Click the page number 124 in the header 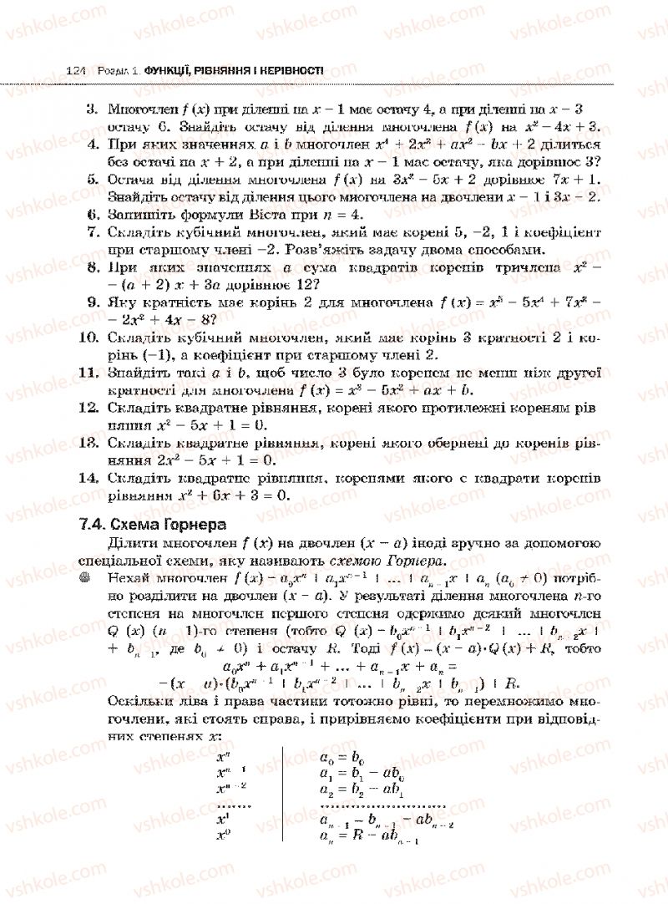pos(76,72)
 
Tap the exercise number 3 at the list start pos(92,109)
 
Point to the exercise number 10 pos(89,337)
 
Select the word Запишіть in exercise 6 pos(142,214)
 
